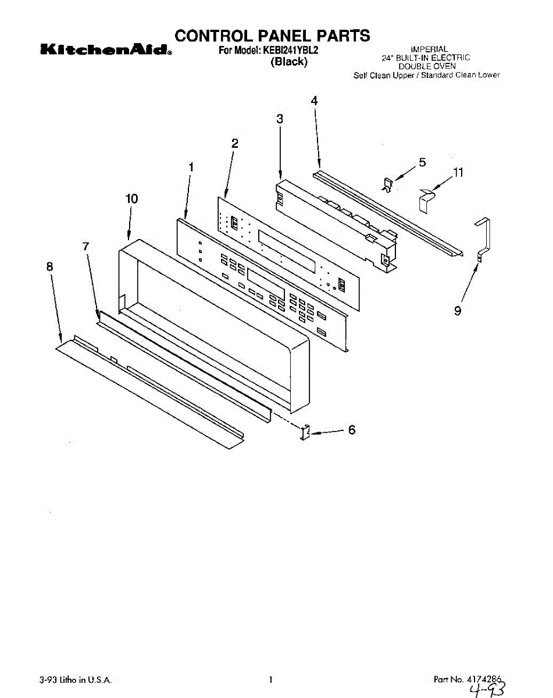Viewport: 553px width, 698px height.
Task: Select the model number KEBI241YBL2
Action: (x=290, y=51)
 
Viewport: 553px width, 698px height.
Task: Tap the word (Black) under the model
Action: (x=289, y=62)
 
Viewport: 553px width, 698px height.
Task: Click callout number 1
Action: (x=191, y=167)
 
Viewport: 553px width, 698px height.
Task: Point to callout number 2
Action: (x=235, y=143)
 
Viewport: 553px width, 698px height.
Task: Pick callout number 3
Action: (x=280, y=119)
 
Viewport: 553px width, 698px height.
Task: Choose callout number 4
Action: (x=314, y=101)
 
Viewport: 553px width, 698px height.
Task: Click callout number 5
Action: (x=422, y=162)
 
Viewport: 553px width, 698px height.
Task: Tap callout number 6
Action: (x=351, y=430)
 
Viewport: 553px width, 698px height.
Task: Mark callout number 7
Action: (x=85, y=247)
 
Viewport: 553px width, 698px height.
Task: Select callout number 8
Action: (x=49, y=266)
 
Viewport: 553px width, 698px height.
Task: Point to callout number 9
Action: (x=458, y=312)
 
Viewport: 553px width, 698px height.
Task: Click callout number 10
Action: (x=131, y=199)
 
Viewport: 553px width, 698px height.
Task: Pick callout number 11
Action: (x=458, y=172)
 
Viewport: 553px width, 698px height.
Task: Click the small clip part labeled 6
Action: (x=305, y=433)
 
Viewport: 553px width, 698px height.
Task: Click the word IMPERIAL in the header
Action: (x=429, y=49)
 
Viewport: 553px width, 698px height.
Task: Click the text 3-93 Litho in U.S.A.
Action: (x=76, y=679)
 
